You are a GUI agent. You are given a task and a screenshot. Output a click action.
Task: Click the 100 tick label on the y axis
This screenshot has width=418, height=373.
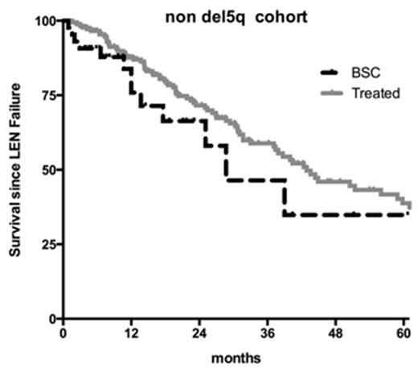[46, 20]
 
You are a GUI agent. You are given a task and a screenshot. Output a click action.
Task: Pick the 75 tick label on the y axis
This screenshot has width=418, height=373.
[49, 95]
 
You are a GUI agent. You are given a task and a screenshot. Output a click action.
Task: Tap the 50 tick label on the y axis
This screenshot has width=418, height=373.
[49, 170]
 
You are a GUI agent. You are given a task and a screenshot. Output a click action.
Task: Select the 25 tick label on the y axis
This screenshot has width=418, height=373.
[49, 244]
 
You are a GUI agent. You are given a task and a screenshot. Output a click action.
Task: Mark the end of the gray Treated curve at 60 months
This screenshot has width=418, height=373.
[409, 204]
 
